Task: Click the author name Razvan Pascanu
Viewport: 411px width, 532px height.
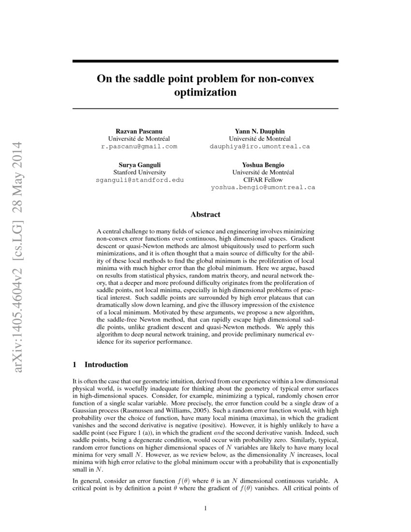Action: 139,131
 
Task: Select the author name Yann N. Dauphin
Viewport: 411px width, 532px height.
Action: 260,131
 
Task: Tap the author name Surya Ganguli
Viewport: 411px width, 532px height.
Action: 139,164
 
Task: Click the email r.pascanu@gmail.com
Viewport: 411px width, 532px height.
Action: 139,146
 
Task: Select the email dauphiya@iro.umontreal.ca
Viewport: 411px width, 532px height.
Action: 260,146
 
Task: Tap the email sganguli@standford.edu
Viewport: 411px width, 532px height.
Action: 139,179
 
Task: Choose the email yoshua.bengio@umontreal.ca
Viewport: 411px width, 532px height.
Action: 263,187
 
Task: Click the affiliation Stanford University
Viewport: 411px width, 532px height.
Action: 139,172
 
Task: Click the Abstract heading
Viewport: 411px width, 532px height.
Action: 205,214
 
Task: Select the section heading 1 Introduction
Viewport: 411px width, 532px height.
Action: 100,364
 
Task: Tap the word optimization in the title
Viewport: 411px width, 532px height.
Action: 205,91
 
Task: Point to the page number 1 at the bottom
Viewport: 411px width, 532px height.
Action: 205,508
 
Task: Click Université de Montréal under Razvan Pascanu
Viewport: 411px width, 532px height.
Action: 139,139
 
